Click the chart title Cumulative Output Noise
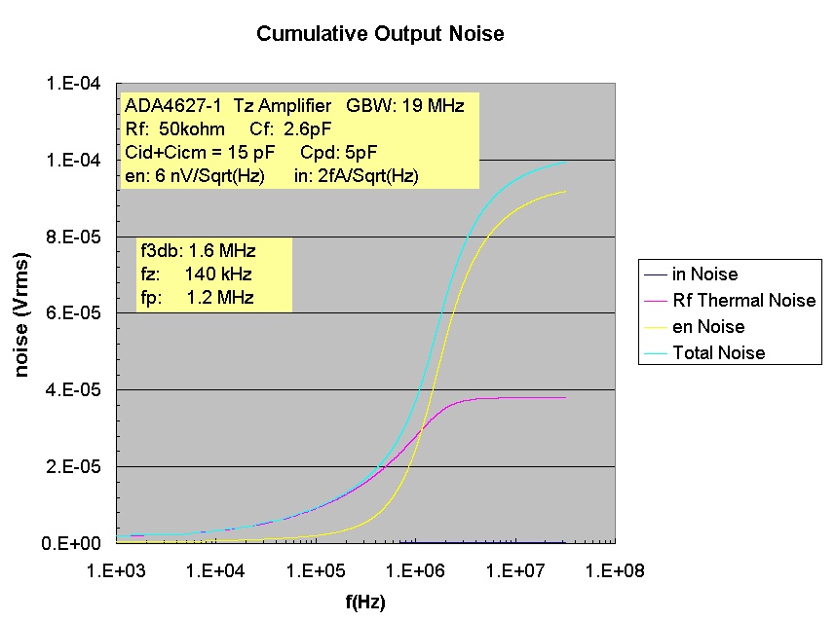click(380, 34)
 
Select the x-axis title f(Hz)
click(365, 603)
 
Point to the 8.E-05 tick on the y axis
click(74, 237)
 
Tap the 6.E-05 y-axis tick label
click(74, 313)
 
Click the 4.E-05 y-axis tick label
click(74, 390)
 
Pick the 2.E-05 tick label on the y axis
click(74, 467)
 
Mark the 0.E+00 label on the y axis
click(74, 543)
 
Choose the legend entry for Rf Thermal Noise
click(743, 301)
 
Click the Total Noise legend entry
click(719, 353)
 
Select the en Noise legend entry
click(708, 327)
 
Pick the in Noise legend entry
click(705, 274)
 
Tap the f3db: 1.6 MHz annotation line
click(198, 251)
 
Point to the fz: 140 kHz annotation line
click(196, 274)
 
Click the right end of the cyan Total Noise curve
click(565, 163)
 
